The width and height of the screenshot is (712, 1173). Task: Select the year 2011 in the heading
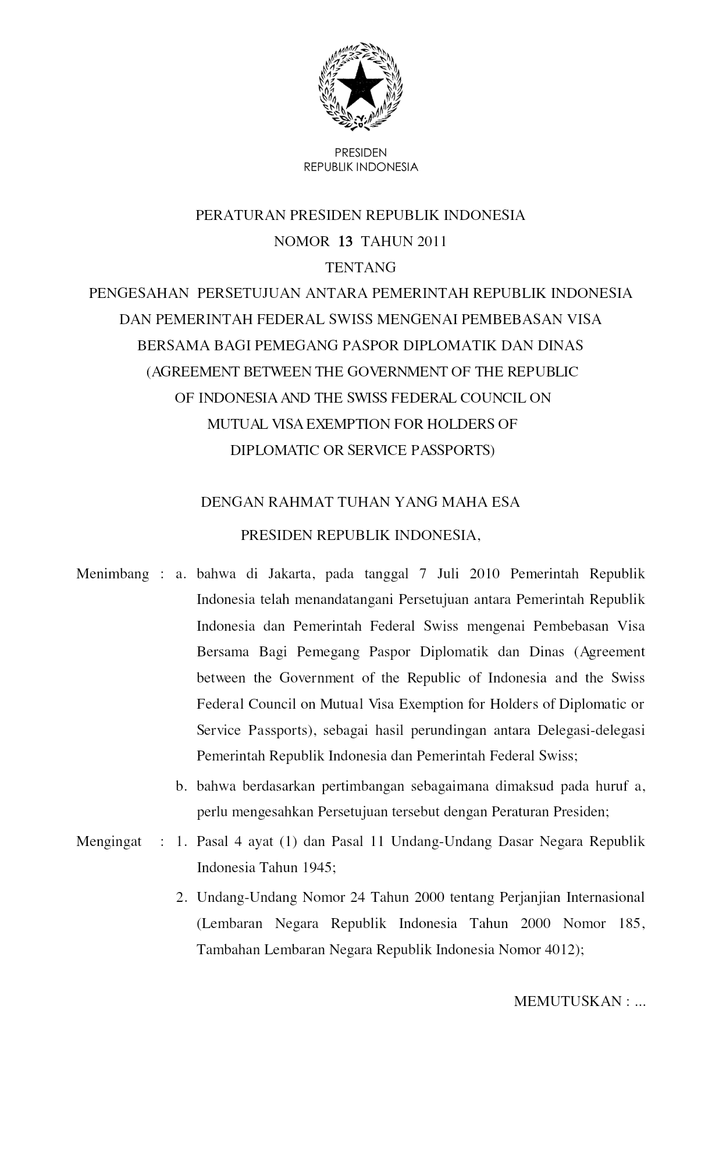tap(430, 241)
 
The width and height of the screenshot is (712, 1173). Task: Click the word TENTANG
tap(361, 268)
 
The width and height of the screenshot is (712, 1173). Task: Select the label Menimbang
tap(113, 574)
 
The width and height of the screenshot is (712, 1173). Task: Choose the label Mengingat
tap(109, 842)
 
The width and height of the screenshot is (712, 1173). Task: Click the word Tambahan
tap(227, 950)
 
